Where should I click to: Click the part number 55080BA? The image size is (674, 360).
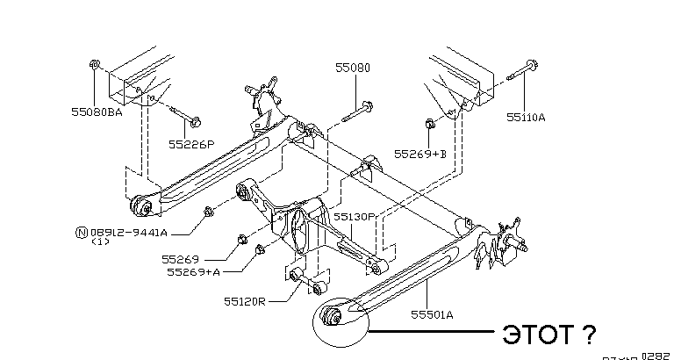point(97,112)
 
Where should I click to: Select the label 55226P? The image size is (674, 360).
point(192,142)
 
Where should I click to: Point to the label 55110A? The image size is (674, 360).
point(526,115)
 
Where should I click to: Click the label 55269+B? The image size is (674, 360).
point(420,153)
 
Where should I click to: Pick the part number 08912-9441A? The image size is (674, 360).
point(127,232)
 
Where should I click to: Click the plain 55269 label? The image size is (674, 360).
point(181,259)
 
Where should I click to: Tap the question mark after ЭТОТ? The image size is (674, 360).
point(589,334)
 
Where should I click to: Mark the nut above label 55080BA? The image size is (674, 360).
point(94,64)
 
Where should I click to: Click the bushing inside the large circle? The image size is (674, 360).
point(332,317)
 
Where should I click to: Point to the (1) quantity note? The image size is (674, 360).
point(100,243)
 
